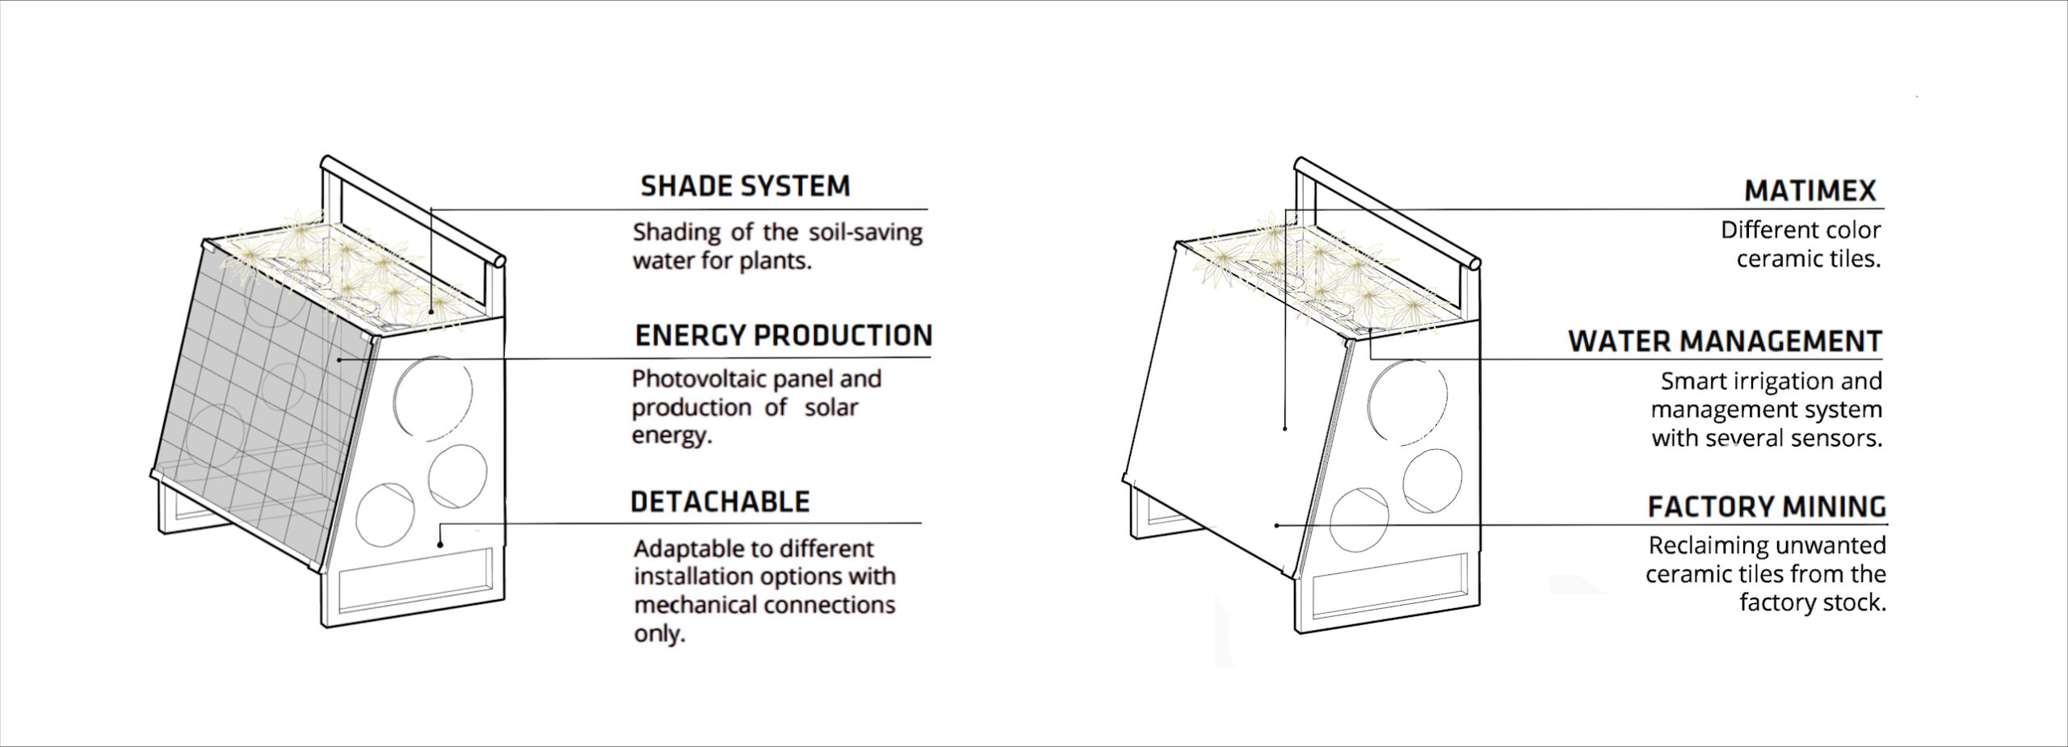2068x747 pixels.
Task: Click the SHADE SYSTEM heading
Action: [745, 186]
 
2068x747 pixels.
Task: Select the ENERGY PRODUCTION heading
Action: [784, 335]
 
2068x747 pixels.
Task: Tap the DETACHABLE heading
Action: [720, 501]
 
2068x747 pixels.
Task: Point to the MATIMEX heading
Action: [1810, 191]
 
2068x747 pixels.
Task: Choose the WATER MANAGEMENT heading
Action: [1725, 342]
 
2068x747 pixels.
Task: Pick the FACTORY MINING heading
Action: [1767, 507]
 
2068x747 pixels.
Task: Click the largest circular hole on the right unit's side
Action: [1408, 401]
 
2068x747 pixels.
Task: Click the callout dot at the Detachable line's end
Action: [440, 543]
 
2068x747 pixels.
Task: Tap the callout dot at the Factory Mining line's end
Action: [1276, 526]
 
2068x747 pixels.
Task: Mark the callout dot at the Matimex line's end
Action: [1284, 428]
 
